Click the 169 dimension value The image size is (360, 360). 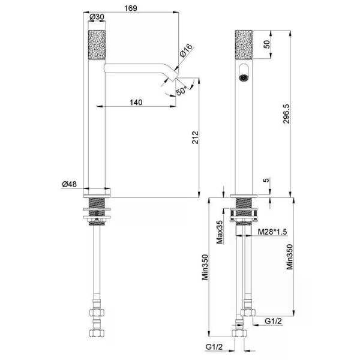131,8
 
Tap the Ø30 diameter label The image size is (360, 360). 97,17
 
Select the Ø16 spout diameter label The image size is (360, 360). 186,50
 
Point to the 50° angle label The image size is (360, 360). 181,91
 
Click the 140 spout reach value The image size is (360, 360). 136,102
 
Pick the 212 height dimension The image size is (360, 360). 195,137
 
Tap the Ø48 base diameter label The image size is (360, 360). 70,184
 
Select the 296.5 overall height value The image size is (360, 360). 286,114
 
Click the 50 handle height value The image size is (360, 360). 267,44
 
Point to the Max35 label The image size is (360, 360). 220,232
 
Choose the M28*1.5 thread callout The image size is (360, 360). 272,232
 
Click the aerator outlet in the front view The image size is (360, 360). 243,77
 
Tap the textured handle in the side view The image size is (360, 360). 97,44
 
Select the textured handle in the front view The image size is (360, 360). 244,44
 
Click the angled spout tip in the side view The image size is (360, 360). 174,76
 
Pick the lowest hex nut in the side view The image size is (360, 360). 97,333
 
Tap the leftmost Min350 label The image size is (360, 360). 205,267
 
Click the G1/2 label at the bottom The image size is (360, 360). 214,347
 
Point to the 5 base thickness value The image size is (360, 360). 266,180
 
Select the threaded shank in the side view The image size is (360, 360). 97,211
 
